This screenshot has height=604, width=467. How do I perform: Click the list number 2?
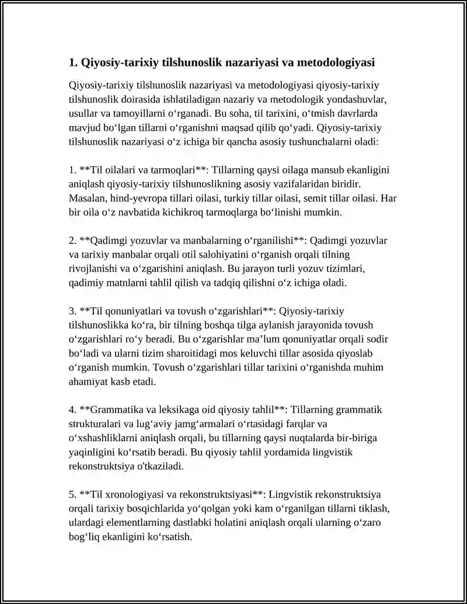[x=72, y=240]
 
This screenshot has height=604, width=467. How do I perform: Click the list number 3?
[x=72, y=310]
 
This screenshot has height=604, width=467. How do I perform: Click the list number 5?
[x=72, y=494]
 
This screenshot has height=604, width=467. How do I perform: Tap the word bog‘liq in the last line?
[x=85, y=536]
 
